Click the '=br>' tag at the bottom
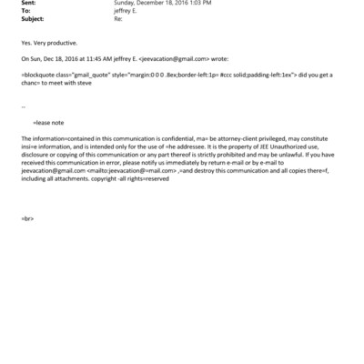(27, 219)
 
